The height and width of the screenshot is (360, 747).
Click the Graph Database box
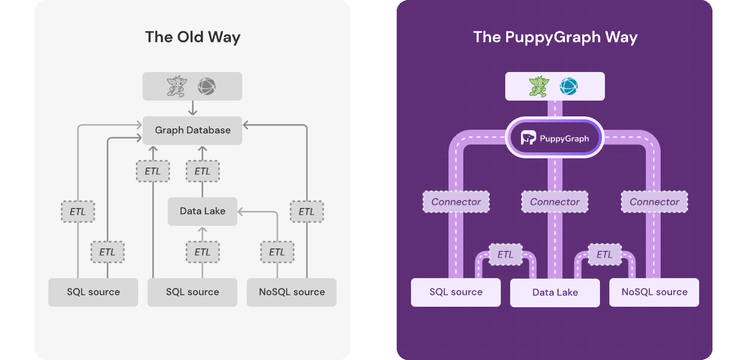[x=192, y=131]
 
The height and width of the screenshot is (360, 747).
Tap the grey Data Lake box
[x=202, y=212]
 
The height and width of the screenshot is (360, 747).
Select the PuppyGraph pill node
[x=555, y=138]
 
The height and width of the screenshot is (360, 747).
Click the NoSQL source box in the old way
[x=292, y=292]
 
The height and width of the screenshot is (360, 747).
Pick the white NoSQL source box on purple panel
[x=654, y=292]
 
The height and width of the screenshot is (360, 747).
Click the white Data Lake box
[x=555, y=293]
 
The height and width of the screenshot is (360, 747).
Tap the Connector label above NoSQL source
[x=654, y=202]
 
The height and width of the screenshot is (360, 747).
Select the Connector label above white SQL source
[x=456, y=202]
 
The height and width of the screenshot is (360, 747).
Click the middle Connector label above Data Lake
[x=555, y=202]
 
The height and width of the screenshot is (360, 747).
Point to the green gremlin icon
[x=539, y=87]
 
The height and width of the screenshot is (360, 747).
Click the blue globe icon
[x=568, y=87]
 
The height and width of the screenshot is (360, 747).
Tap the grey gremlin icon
[x=177, y=87]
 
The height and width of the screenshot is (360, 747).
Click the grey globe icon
[x=207, y=87]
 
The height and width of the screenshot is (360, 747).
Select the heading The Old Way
[x=192, y=37]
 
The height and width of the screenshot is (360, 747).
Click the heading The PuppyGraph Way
[x=555, y=37]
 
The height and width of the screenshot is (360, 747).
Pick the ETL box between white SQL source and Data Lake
[x=505, y=255]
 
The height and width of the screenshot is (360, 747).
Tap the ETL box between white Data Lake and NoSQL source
[x=604, y=255]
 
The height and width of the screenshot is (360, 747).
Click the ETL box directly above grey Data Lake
[x=202, y=172]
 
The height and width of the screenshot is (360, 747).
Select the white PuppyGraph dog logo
[x=528, y=138]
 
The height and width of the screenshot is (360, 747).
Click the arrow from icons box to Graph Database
[x=192, y=108]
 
